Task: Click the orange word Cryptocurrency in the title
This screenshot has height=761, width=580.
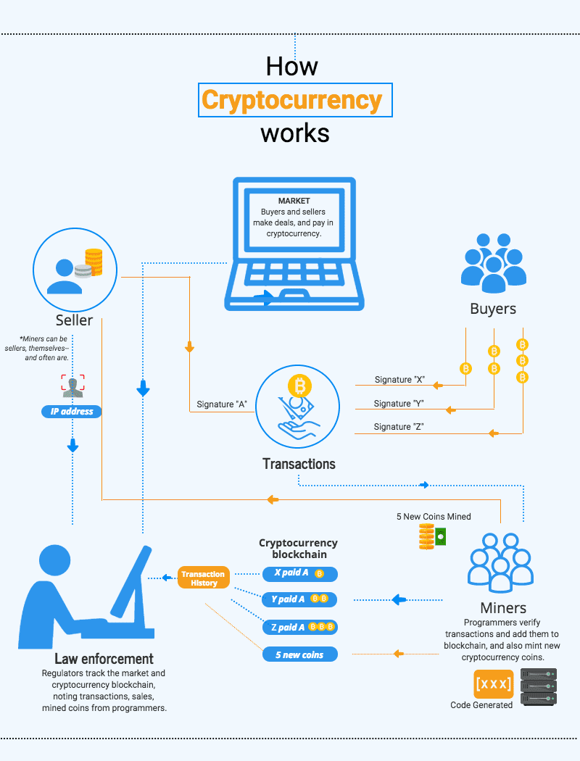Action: click(x=292, y=100)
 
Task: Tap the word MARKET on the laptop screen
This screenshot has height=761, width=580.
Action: click(x=294, y=201)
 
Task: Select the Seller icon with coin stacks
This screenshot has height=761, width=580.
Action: click(x=75, y=270)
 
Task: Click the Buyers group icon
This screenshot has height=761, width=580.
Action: click(x=494, y=263)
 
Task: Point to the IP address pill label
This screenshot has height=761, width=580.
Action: click(x=72, y=412)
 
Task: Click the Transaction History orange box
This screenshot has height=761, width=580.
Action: click(x=204, y=578)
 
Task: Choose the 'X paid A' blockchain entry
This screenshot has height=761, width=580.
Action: click(x=300, y=574)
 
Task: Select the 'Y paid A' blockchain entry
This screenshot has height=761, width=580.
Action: click(x=300, y=599)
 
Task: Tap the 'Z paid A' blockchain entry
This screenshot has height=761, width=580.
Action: click(x=300, y=627)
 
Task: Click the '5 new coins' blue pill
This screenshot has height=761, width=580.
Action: click(x=300, y=654)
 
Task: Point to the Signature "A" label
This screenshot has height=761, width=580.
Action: click(x=222, y=404)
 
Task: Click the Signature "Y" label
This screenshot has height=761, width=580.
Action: click(x=399, y=403)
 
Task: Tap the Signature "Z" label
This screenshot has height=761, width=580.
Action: click(x=399, y=427)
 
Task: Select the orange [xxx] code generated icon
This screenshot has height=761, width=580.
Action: click(x=494, y=684)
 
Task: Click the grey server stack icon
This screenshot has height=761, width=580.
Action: click(x=539, y=687)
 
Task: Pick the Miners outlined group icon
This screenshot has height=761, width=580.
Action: click(x=500, y=563)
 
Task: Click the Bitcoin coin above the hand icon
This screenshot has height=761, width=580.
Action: click(x=300, y=386)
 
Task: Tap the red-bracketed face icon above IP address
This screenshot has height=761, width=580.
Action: click(x=72, y=386)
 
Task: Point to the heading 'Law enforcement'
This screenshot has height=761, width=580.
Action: click(x=104, y=659)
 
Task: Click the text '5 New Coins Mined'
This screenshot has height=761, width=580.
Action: click(x=434, y=516)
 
